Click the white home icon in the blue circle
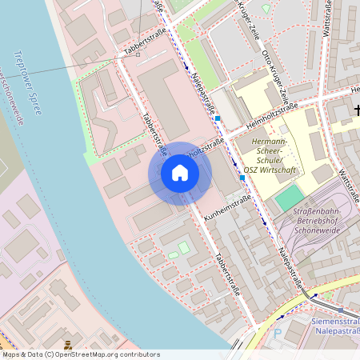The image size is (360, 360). tap(180, 173)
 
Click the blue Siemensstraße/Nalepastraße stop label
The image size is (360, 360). tap(327, 326)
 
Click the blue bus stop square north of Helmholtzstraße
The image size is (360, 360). tap(218, 118)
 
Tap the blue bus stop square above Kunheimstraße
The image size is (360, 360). tap(242, 178)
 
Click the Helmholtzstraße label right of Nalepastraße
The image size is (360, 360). tap(271, 113)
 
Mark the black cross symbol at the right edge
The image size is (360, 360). tap(357, 111)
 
